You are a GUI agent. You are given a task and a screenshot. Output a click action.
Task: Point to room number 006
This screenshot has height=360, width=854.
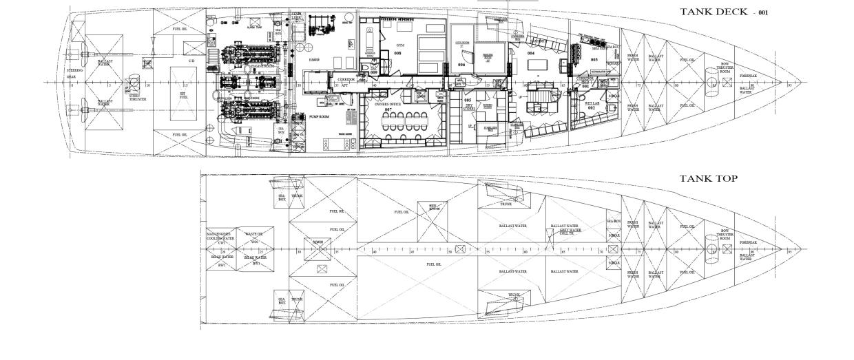click(461, 65)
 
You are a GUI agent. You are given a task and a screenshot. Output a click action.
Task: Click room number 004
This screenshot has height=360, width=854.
click(531, 52)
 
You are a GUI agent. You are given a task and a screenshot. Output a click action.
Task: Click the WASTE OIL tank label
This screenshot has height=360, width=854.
click(254, 236)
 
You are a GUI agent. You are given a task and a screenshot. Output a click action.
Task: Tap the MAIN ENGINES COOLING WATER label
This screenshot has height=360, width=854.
click(220, 237)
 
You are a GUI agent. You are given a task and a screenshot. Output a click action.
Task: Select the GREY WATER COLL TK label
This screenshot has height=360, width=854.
click(566, 231)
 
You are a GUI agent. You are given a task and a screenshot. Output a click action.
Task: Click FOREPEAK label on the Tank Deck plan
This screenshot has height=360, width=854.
click(748, 76)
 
